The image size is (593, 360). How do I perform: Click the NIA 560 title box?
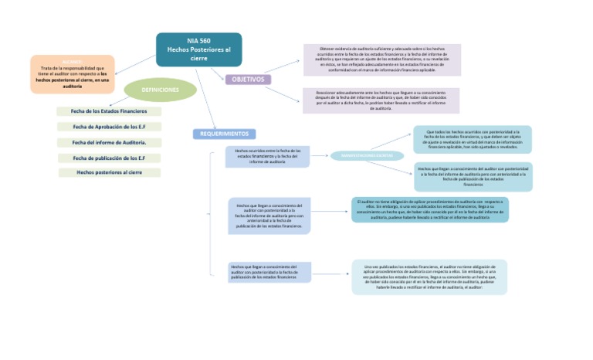tap(198, 49)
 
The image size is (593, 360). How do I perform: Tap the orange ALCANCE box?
tap(73, 74)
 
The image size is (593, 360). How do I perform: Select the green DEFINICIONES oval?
tap(160, 90)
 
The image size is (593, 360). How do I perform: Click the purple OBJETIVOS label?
tap(248, 80)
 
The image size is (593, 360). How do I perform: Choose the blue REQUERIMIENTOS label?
tap(224, 134)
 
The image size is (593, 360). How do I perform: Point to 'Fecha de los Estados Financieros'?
tap(109, 111)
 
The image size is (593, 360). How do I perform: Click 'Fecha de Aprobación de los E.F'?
tap(109, 127)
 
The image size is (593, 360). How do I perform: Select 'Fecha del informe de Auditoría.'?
tap(109, 142)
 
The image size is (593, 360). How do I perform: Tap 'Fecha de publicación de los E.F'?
tap(109, 158)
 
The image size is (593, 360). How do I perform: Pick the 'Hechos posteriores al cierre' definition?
tap(109, 172)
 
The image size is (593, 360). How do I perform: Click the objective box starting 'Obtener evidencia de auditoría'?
tap(381, 59)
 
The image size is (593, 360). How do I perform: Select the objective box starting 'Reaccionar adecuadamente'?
tap(381, 100)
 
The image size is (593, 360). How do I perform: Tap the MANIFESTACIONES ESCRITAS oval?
tap(367, 156)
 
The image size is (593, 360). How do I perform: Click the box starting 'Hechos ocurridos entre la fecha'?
tap(267, 156)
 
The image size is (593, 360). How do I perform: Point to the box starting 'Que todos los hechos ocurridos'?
tap(472, 139)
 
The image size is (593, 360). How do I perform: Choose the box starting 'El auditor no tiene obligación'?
tap(430, 209)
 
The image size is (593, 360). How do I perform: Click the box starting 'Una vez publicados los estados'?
tap(429, 277)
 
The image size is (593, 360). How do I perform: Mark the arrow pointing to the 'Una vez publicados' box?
tap(330, 273)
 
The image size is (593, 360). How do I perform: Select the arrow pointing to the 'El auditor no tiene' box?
tap(330, 210)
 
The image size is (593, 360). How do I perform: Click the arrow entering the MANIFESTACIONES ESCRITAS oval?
tap(320, 156)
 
